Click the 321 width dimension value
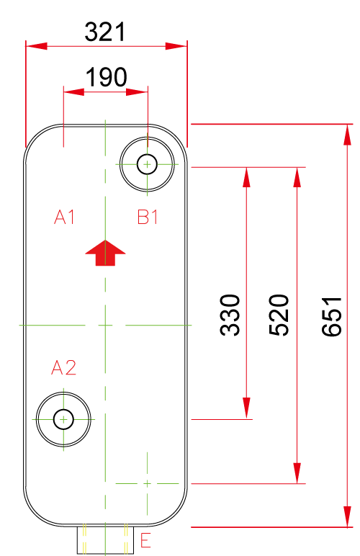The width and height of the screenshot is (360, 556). click(x=105, y=32)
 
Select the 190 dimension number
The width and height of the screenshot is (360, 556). click(x=106, y=77)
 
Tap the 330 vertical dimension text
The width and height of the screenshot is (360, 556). click(x=230, y=315)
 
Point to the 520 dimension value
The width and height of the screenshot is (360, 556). click(x=279, y=315)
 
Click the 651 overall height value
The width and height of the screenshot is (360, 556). click(x=332, y=316)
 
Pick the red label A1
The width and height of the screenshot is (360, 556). click(x=65, y=217)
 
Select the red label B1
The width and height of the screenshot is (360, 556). click(x=148, y=217)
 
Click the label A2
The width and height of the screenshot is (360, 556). click(x=64, y=367)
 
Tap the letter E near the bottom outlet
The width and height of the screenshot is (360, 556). click(x=145, y=540)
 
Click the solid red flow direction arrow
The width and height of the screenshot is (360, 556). click(x=105, y=253)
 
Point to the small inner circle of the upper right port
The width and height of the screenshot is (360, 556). click(x=147, y=164)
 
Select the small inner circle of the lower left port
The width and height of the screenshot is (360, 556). click(x=63, y=419)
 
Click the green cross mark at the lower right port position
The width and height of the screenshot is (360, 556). click(x=147, y=483)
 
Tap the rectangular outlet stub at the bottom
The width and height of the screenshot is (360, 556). click(x=106, y=540)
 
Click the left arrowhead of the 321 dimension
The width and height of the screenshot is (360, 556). click(x=37, y=46)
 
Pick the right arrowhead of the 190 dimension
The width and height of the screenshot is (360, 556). click(x=137, y=92)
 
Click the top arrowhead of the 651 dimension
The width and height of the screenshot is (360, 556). click(x=348, y=135)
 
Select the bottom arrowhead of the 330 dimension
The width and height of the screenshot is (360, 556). click(x=247, y=408)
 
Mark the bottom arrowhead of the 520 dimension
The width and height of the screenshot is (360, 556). click(x=297, y=473)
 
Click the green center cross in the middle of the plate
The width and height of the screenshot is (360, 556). click(x=105, y=325)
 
